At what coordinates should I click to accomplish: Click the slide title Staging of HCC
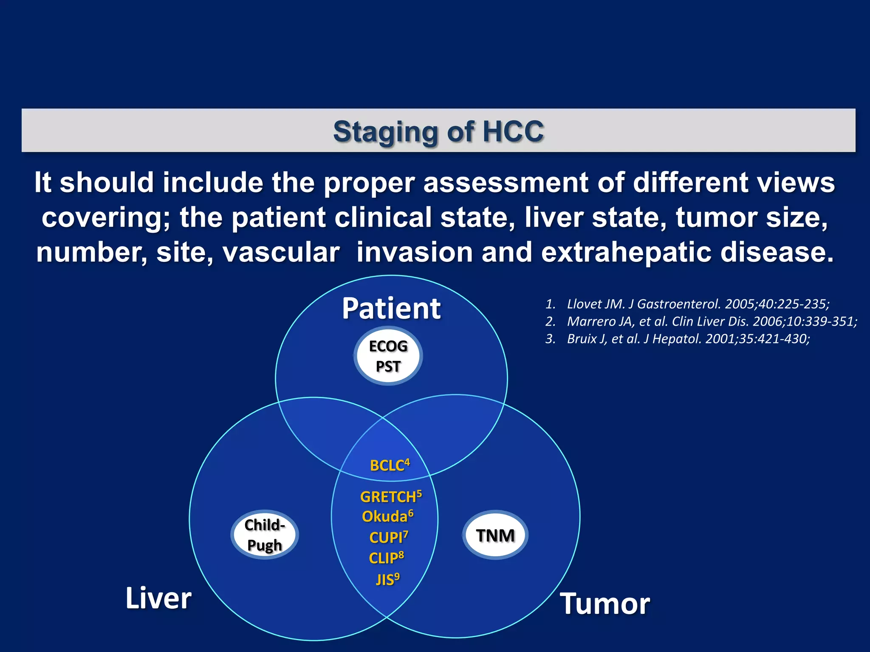[x=438, y=131]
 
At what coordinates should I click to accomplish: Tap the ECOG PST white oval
[x=388, y=356]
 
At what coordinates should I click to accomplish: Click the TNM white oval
[x=495, y=535]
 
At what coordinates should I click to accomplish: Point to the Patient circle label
[x=391, y=308]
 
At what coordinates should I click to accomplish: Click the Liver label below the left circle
[x=158, y=598]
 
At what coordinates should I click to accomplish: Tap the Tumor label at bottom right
[x=605, y=604]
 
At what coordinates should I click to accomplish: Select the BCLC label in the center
[x=390, y=465]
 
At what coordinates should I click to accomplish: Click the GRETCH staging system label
[x=390, y=496]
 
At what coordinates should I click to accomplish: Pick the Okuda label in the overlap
[x=387, y=516]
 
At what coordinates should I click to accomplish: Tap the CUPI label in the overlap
[x=388, y=537]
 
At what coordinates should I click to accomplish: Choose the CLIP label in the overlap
[x=386, y=558]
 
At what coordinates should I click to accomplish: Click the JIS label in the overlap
[x=387, y=579]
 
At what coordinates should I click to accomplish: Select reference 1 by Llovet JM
[x=697, y=304]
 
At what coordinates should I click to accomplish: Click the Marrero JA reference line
[x=711, y=321]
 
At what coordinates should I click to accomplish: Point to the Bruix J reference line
[x=688, y=339]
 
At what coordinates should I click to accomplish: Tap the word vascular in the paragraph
[x=281, y=252]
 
